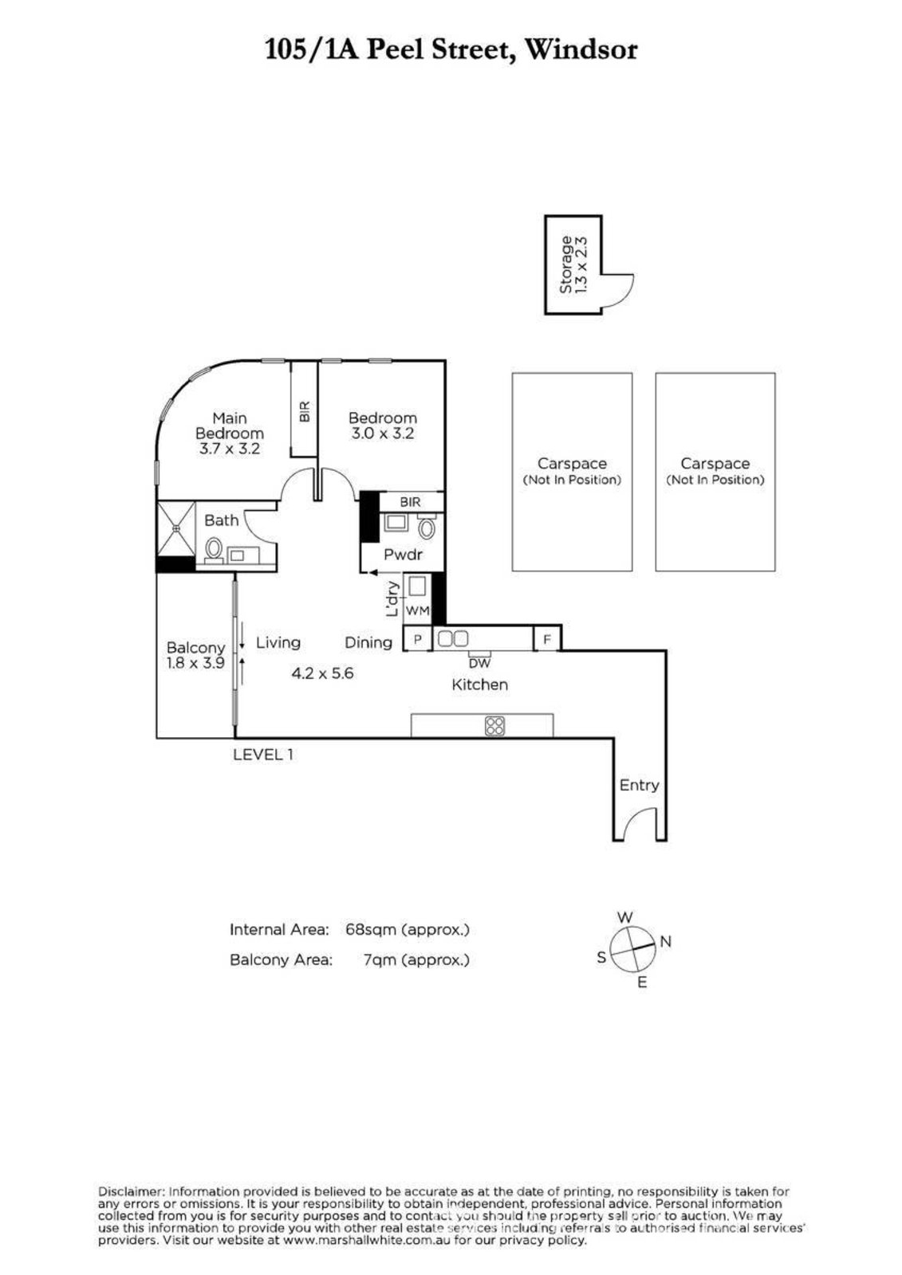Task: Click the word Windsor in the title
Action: (x=581, y=49)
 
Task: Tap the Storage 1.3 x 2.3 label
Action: (x=573, y=264)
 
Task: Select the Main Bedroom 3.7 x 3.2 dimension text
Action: (x=230, y=448)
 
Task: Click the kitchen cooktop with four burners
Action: (x=494, y=726)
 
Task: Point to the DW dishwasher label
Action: (x=479, y=662)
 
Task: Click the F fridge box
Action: (x=547, y=638)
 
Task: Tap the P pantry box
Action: (x=418, y=638)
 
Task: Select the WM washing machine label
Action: (x=416, y=610)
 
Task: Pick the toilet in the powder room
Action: (x=426, y=527)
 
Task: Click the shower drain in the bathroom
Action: (x=176, y=528)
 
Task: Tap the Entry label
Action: (x=640, y=785)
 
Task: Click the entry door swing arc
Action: (x=636, y=824)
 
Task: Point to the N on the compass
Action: (x=665, y=941)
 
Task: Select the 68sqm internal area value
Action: (x=370, y=929)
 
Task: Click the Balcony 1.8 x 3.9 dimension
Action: (x=195, y=662)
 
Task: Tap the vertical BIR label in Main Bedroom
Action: (x=305, y=411)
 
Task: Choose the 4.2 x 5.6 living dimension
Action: (x=322, y=673)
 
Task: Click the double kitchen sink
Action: (x=452, y=638)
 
